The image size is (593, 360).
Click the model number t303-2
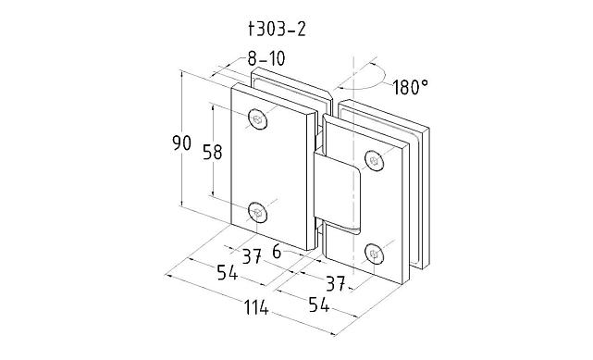[277, 29]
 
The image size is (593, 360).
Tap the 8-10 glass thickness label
[266, 58]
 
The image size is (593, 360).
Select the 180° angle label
[411, 87]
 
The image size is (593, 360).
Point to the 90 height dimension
[182, 143]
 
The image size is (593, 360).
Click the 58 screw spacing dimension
[213, 152]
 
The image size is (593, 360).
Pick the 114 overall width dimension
[256, 307]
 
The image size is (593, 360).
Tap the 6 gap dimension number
[277, 252]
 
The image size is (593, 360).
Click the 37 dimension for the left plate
[252, 256]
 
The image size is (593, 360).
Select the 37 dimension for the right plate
[336, 283]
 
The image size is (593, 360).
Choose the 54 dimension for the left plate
[228, 272]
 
